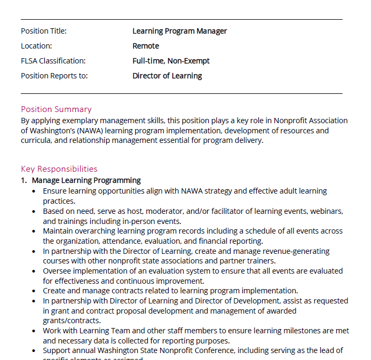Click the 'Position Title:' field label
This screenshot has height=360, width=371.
tap(44, 31)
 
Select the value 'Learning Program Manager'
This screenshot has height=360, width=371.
tap(179, 31)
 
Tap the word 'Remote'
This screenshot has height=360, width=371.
tap(146, 46)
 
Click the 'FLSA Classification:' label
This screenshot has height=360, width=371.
tap(53, 61)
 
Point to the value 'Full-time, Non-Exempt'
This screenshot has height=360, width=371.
tap(171, 61)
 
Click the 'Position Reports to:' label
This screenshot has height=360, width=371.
tap(54, 76)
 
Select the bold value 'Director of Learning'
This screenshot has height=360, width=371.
tap(167, 76)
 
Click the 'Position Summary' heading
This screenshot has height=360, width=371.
tap(56, 109)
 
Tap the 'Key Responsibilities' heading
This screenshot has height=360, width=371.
tap(59, 169)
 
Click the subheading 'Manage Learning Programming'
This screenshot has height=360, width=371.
tap(86, 180)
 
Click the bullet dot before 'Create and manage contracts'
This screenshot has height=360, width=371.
tap(35, 291)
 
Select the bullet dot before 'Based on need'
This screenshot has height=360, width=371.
tap(35, 211)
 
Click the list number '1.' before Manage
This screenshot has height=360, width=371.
tap(24, 180)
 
